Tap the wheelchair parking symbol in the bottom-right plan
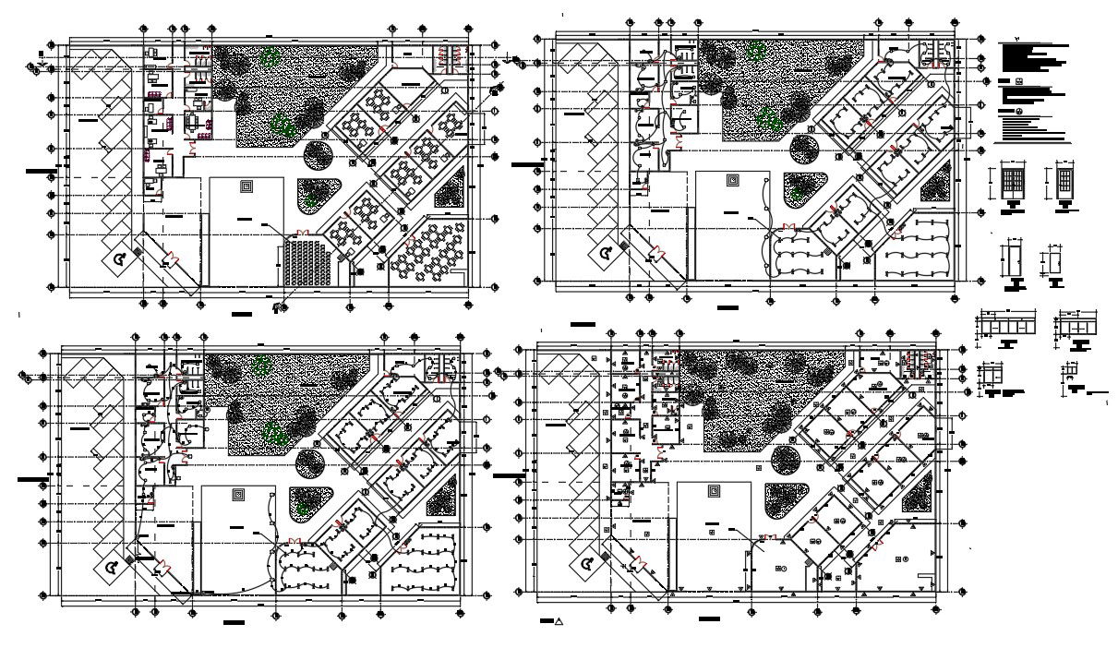586,563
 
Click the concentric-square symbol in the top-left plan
246,186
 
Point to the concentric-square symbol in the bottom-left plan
238,494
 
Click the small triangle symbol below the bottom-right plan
559,622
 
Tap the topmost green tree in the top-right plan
757,49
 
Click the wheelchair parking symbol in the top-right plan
606,254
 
